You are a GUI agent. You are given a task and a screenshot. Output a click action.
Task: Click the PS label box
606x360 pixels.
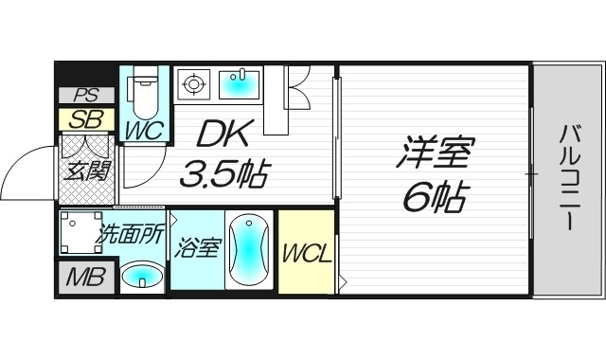tap(86, 96)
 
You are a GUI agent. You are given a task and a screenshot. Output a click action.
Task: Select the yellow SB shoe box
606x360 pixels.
tap(86, 120)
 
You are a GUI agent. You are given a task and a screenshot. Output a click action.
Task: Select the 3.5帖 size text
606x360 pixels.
tap(225, 174)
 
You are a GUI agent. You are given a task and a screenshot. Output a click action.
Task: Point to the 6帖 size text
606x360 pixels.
tap(435, 197)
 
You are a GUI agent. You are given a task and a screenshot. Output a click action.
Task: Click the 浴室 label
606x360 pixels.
tap(196, 249)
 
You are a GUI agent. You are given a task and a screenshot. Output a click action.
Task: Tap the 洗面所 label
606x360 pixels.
tap(132, 234)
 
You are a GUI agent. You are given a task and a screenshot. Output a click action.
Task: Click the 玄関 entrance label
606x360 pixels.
tap(86, 173)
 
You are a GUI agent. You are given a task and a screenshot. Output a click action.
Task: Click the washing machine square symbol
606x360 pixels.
tap(78, 232)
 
